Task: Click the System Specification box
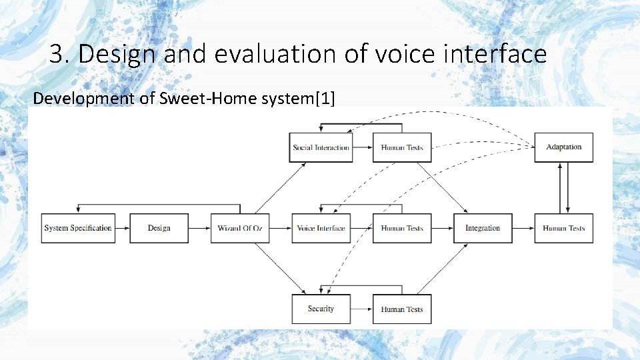coord(77,228)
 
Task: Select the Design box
coord(159,228)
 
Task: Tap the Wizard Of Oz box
coord(239,228)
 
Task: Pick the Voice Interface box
coord(321,228)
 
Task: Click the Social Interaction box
coord(321,147)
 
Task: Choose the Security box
coord(321,309)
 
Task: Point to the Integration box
coord(483,228)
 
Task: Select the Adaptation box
coord(563,147)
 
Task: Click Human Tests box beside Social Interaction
coord(402,147)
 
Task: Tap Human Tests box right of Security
coord(402,309)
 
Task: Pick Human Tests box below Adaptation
coord(563,228)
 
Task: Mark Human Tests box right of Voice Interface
coord(402,228)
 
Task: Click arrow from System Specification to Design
coord(121,228)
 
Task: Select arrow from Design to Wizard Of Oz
coord(199,228)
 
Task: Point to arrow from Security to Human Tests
coord(361,309)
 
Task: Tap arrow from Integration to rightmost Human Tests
coord(523,228)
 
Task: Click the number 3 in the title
coord(58,54)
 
